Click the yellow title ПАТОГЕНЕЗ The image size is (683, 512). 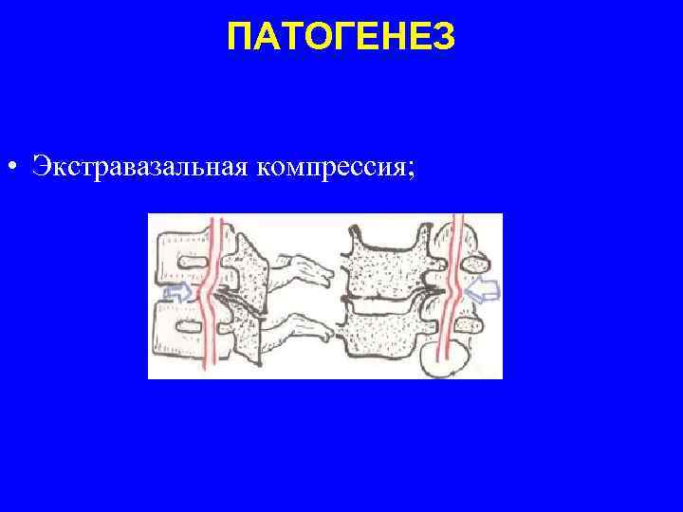pos(341,38)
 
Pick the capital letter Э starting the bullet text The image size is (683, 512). pos(39,167)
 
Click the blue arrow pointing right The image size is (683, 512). pos(178,292)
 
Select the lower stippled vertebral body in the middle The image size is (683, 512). pos(384,332)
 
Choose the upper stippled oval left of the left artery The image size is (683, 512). pos(184,255)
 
